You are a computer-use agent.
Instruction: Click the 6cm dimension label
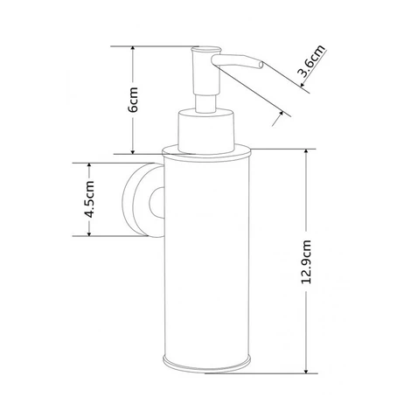click(133, 100)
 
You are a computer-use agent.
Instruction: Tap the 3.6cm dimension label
click(310, 61)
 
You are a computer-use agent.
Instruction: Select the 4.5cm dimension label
click(89, 199)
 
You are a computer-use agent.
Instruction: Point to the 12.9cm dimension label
click(306, 261)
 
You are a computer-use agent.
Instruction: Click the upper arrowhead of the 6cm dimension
click(133, 50)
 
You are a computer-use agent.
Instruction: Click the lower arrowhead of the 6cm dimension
click(133, 150)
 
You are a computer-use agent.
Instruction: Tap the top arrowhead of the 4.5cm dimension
click(89, 167)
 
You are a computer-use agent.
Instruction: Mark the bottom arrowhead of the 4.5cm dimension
click(89, 233)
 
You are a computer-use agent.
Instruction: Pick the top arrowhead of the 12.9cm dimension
click(306, 153)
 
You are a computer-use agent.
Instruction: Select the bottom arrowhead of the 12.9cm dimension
click(306, 369)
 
